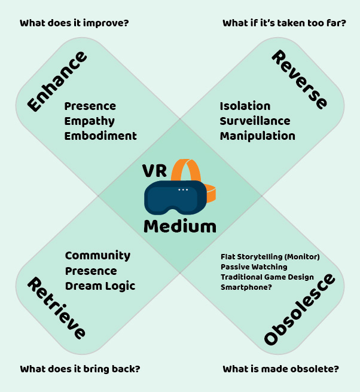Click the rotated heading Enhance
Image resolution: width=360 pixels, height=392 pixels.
click(57, 81)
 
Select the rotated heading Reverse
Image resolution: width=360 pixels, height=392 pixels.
click(300, 79)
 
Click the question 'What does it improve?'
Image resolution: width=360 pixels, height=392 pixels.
click(75, 24)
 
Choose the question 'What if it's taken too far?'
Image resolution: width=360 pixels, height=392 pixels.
click(284, 24)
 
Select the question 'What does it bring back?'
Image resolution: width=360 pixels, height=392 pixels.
click(80, 369)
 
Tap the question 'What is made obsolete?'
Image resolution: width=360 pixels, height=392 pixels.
click(280, 369)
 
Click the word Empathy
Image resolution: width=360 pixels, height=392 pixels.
click(90, 121)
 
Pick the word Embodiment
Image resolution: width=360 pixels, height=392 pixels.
click(100, 136)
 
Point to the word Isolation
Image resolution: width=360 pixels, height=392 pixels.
click(245, 106)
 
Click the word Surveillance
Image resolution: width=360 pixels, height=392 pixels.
click(255, 121)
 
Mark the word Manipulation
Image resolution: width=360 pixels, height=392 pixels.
click(257, 136)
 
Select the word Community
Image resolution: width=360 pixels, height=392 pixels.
click(97, 256)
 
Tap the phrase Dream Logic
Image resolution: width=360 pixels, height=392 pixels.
click(100, 286)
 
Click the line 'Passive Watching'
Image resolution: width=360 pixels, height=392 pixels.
click(254, 267)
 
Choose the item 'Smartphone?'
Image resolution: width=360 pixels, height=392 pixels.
click(246, 287)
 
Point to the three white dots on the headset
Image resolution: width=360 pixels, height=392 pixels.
click(183, 189)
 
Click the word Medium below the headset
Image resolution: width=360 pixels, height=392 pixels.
click(180, 226)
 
